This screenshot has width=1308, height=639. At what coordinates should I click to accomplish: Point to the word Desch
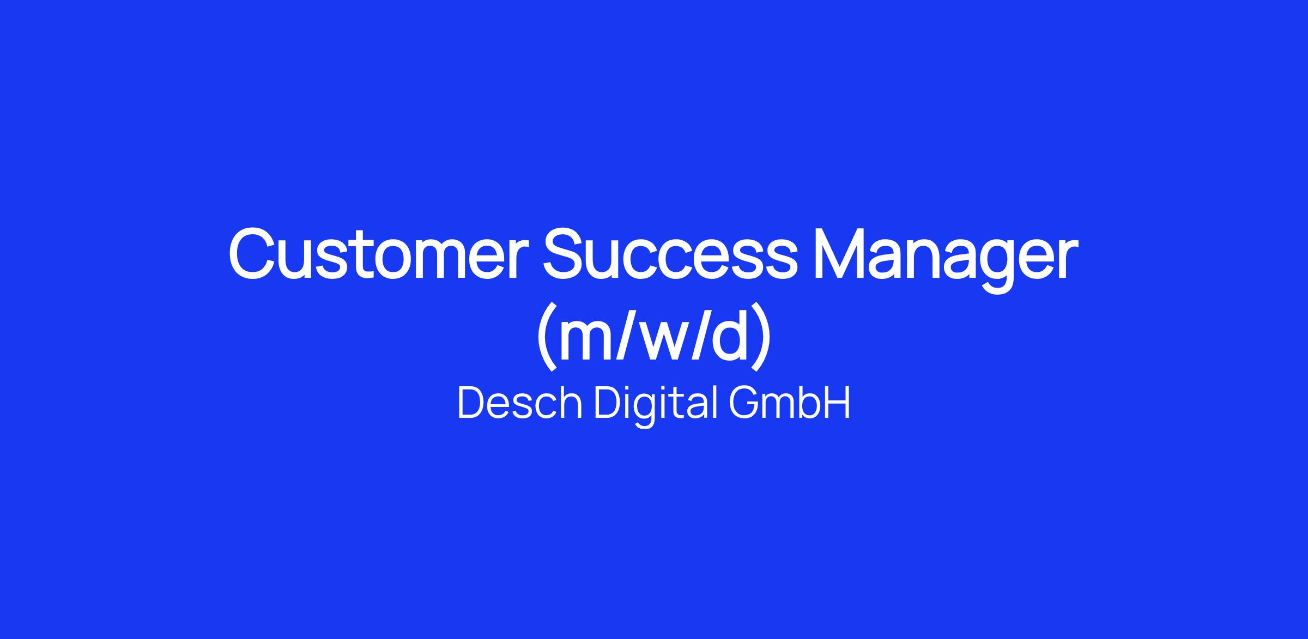(520, 403)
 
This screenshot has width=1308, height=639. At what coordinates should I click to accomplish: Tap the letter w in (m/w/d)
(663, 342)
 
